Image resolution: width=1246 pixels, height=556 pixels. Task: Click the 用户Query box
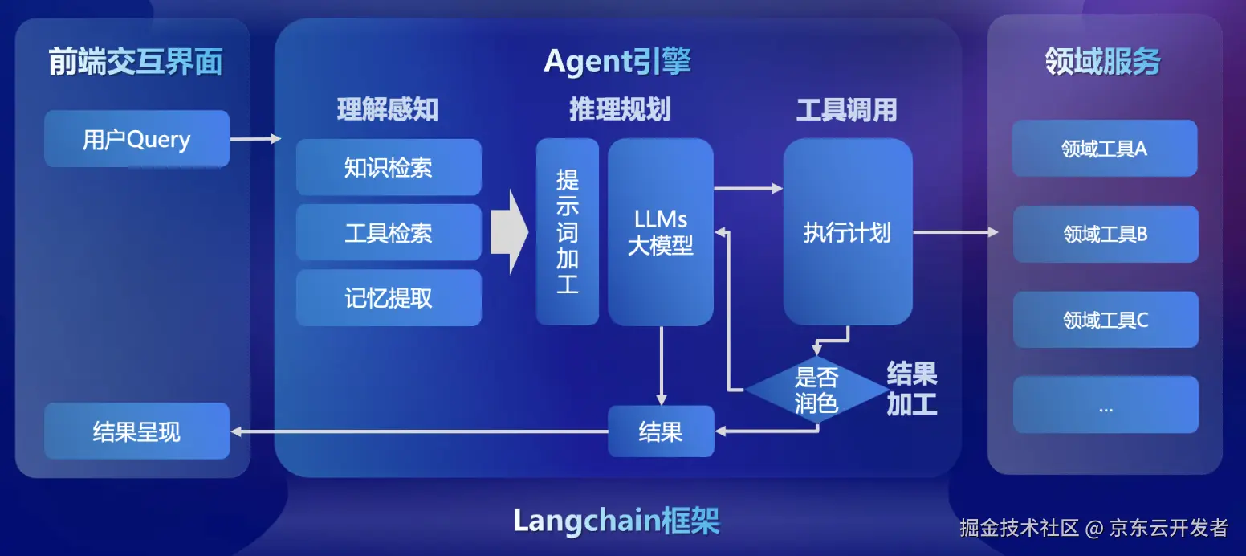pyautogui.click(x=136, y=139)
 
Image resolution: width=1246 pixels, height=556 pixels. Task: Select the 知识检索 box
pyautogui.click(x=389, y=167)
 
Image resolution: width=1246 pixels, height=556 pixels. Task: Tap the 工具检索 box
pyautogui.click(x=389, y=233)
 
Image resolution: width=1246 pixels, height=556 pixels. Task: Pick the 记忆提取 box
pyautogui.click(x=389, y=298)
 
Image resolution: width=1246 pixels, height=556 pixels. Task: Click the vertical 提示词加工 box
pyautogui.click(x=568, y=232)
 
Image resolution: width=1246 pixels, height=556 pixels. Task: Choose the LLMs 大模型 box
pyautogui.click(x=660, y=232)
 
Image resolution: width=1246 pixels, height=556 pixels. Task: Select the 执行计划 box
pyautogui.click(x=848, y=232)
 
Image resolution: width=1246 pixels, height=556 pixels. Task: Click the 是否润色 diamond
pyautogui.click(x=816, y=390)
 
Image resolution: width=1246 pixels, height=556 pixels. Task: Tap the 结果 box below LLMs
pyautogui.click(x=660, y=432)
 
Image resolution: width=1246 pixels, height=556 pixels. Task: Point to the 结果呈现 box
pyautogui.click(x=136, y=431)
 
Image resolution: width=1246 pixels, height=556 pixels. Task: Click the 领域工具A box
pyautogui.click(x=1105, y=149)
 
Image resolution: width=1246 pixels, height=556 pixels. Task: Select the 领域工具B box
pyautogui.click(x=1105, y=234)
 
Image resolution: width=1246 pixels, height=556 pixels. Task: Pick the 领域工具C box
pyautogui.click(x=1105, y=320)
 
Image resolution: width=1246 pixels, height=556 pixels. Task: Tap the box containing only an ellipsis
pyautogui.click(x=1105, y=405)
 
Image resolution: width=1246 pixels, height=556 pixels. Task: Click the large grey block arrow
pyautogui.click(x=509, y=232)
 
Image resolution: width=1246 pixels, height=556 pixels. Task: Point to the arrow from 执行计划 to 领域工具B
pyautogui.click(x=955, y=232)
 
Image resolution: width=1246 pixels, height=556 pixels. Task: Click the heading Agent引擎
pyautogui.click(x=617, y=61)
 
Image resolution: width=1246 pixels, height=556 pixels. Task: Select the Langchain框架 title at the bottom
pyautogui.click(x=617, y=521)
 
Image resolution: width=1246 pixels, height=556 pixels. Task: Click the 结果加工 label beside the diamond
pyautogui.click(x=912, y=388)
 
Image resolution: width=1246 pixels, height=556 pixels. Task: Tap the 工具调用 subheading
pyautogui.click(x=846, y=110)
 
